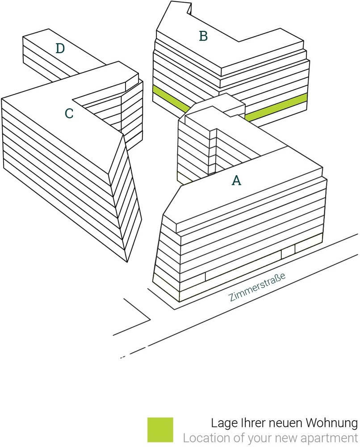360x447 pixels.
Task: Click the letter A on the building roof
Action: (237, 180)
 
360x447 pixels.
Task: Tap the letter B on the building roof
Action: (203, 36)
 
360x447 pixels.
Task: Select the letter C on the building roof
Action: (69, 113)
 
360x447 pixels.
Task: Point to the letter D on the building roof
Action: (60, 48)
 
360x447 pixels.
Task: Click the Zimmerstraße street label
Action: (257, 287)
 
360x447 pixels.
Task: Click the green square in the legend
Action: (160, 430)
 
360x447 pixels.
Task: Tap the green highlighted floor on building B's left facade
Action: (171, 98)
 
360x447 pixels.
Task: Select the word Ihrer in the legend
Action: (247, 423)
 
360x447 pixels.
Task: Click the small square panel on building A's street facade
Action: (288, 251)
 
